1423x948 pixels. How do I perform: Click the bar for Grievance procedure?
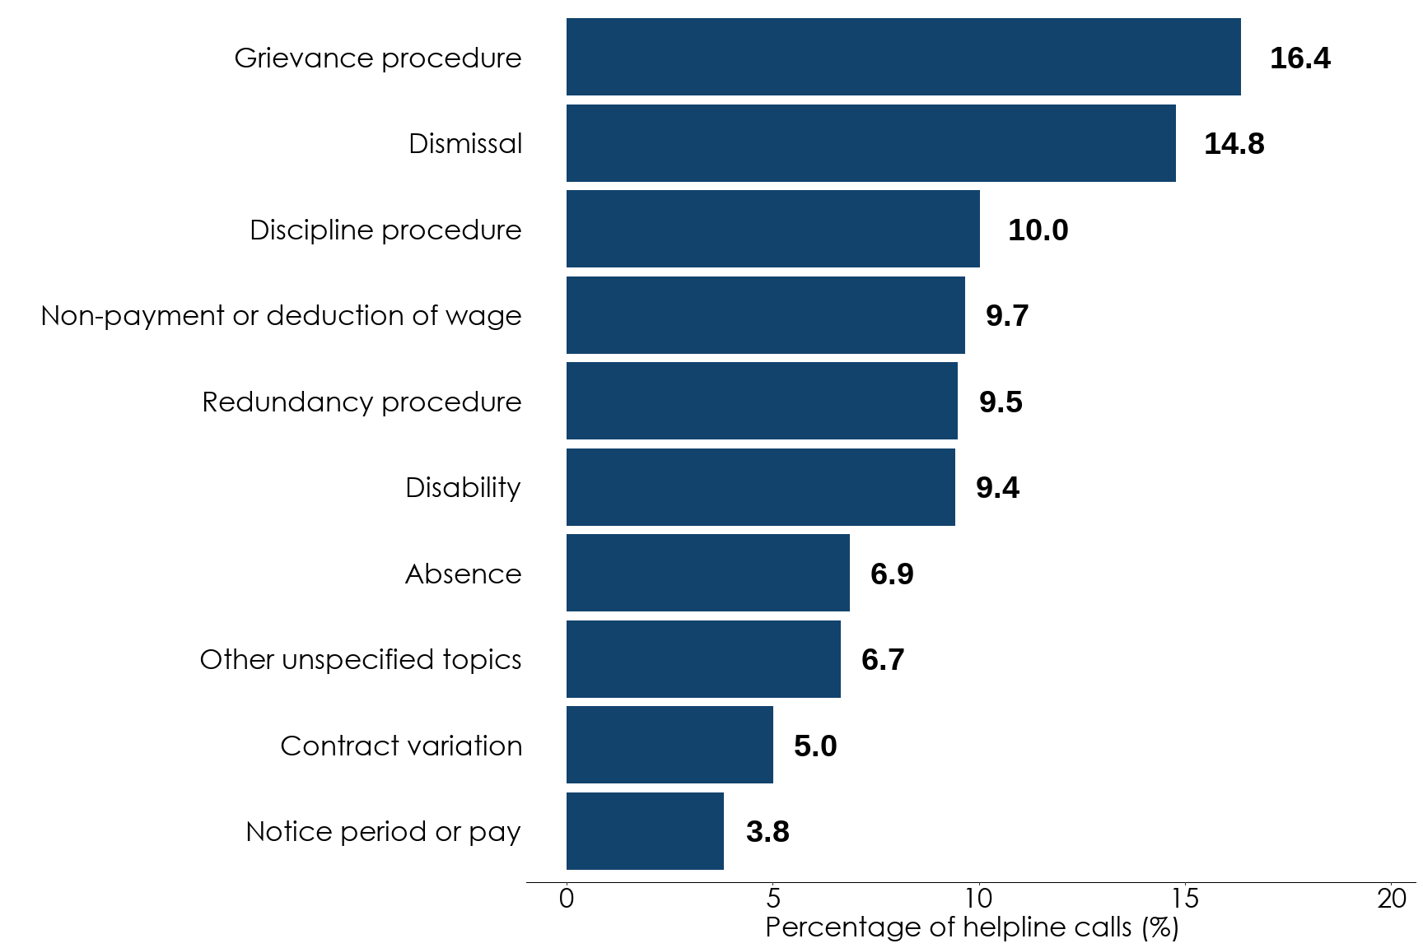903,57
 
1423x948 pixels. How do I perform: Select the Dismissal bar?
870,143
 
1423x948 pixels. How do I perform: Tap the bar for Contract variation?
670,745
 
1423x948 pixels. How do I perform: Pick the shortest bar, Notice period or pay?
645,831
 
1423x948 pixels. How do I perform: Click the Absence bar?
707,573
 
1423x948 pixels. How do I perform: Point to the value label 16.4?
1299,58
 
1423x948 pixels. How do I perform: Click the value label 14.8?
1234,144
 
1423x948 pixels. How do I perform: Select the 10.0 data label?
1038,230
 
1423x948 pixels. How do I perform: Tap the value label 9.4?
997,488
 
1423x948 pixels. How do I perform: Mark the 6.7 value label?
883,660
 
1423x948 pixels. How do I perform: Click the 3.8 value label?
767,832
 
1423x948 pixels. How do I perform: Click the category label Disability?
463,488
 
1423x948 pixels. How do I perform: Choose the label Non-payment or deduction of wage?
281,316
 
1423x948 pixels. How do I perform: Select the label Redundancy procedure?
362,402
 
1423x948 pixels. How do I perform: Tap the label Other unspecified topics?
360,660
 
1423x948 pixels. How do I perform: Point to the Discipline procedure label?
385,230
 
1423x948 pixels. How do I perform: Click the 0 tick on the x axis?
567,899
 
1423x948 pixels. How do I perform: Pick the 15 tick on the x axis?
1185,899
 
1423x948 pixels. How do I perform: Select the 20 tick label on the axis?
1392,899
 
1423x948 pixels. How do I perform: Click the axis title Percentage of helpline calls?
972,927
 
